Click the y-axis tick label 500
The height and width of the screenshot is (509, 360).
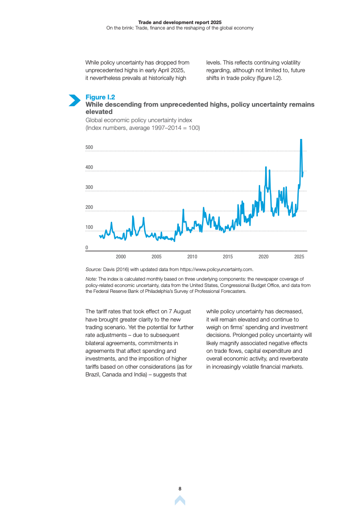89,147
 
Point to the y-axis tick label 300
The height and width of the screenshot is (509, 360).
89,187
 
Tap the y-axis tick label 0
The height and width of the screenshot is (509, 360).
87,247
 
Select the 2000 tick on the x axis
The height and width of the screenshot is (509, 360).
121,257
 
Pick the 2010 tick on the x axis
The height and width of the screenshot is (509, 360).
192,257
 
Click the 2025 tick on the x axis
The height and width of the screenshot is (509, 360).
299,257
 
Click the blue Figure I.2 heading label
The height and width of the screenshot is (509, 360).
100,97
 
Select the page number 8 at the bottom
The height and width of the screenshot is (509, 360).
180,489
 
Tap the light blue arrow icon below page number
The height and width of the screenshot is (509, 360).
180,500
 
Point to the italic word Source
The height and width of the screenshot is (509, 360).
94,269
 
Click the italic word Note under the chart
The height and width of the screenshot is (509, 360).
91,279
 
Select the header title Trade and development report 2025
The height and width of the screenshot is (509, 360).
180,22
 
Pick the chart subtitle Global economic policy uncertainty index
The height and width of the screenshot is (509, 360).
139,120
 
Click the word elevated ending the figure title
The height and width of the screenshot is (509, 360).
99,111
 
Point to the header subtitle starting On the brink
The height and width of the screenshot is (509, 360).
180,28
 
